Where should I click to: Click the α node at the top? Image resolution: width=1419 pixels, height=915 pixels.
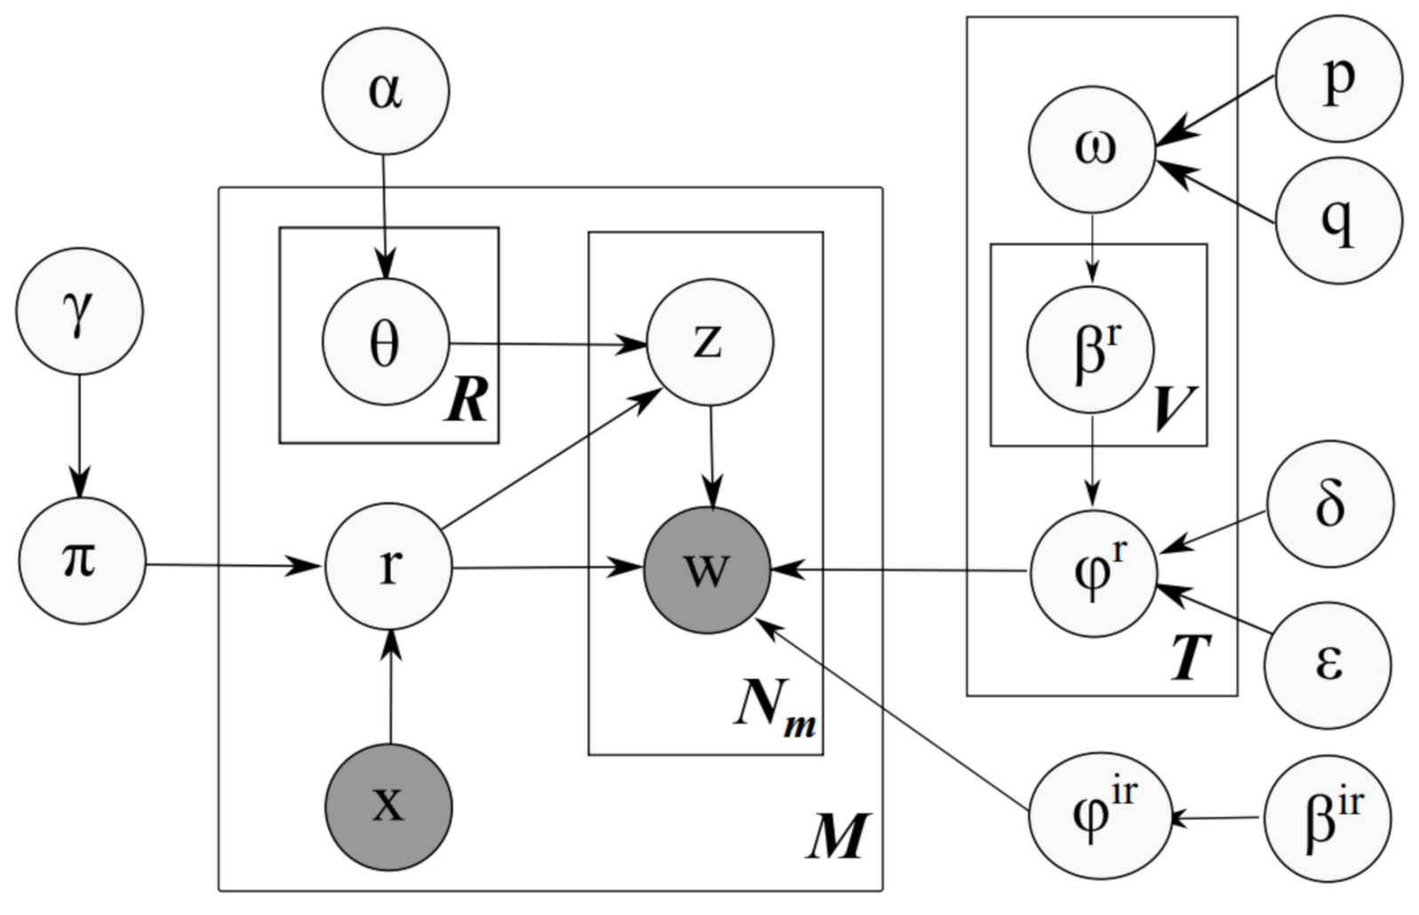pos(385,91)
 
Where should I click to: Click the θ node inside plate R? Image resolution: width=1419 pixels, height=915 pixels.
pos(386,343)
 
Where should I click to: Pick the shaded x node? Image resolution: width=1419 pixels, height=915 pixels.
pos(389,807)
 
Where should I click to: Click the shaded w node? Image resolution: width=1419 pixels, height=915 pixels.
pos(707,570)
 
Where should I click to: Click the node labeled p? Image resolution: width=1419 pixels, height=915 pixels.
pos(1338,79)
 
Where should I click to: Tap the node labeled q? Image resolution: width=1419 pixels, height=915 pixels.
pos(1338,220)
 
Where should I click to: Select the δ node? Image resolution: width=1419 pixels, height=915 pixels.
pos(1329,505)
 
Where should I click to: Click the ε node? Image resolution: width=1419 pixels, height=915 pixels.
pos(1329,664)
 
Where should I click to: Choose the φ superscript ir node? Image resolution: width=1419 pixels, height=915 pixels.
pos(1093,816)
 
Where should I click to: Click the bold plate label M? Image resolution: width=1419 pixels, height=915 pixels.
pos(836,838)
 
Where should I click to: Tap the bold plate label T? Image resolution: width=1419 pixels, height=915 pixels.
pos(1190,659)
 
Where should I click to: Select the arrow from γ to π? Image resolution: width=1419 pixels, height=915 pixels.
pos(79,435)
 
